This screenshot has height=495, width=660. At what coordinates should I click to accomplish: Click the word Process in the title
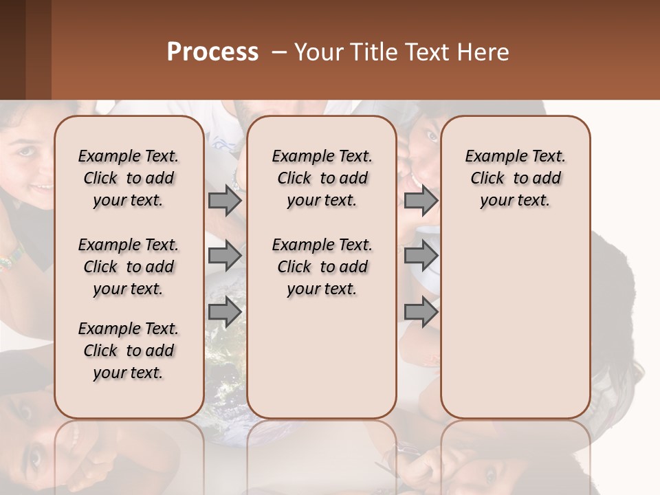212,52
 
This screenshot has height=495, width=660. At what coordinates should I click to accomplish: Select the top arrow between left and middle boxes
225,200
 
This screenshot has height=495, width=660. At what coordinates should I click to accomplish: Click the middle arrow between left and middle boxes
225,256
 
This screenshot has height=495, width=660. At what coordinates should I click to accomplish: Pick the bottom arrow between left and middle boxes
225,311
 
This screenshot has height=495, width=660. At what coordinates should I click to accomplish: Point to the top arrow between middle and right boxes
421,200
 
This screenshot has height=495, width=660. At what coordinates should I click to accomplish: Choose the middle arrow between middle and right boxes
421,256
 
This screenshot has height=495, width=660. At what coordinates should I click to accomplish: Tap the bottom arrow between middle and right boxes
421,311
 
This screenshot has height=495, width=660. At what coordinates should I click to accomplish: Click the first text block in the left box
129,178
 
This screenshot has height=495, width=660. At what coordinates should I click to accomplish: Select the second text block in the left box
129,267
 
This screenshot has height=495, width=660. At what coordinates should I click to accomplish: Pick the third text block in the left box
129,351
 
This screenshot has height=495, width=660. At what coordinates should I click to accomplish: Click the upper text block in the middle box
322,178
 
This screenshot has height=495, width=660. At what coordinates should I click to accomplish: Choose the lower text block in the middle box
322,267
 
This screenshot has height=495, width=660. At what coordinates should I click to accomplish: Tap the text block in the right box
515,178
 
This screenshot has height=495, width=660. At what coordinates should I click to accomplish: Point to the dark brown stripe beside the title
12,49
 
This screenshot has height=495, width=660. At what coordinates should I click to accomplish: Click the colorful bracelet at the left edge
10,261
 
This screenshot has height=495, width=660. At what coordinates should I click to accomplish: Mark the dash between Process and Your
279,53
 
